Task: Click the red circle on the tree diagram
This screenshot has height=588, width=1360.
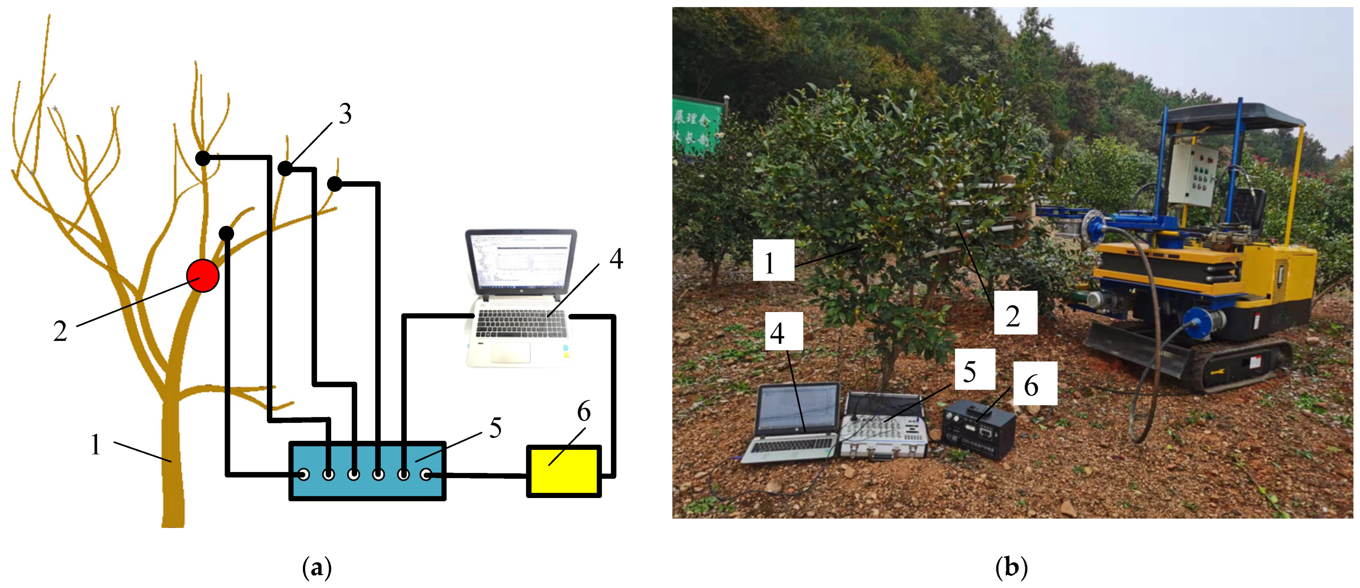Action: pyautogui.click(x=203, y=276)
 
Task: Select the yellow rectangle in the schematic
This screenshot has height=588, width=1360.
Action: pyautogui.click(x=564, y=471)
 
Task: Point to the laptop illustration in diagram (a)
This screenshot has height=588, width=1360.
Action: pyautogui.click(x=520, y=298)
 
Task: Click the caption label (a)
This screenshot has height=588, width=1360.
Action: pyautogui.click(x=317, y=568)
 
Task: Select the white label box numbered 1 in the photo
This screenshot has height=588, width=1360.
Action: pyautogui.click(x=773, y=260)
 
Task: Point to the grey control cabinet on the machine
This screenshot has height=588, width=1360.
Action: pyautogui.click(x=1192, y=175)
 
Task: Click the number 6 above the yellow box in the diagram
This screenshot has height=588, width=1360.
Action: pyautogui.click(x=583, y=411)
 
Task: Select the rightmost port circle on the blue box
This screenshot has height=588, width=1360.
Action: pyautogui.click(x=426, y=474)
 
